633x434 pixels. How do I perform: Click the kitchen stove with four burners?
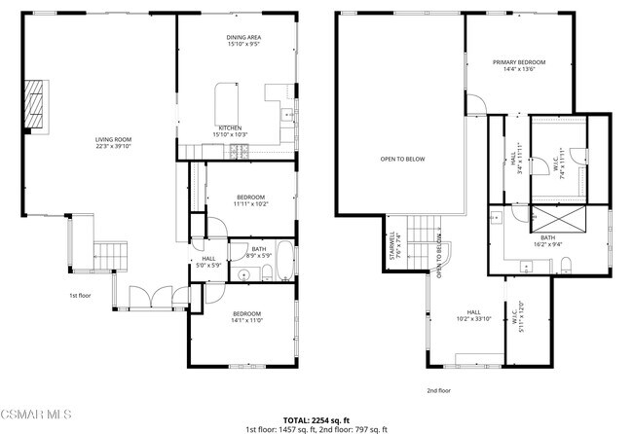click(239, 150)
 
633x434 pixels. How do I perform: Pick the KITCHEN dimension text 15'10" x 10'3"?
click(231, 134)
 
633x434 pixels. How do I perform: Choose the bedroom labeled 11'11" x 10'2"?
click(250, 201)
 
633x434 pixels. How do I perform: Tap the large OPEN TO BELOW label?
click(403, 158)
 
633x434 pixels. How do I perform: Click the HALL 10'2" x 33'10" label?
click(473, 315)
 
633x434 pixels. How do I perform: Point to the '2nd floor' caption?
click(438, 390)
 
